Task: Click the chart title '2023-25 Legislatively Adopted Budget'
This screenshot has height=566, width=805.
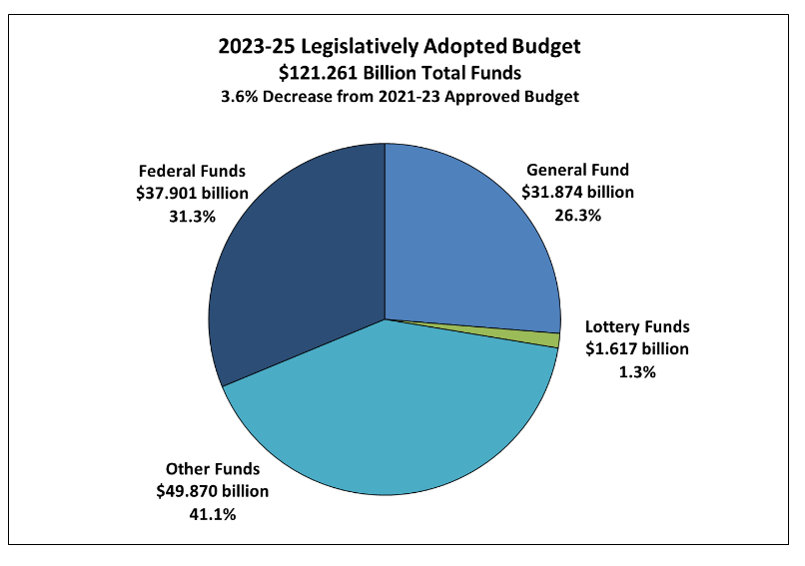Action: coord(400,47)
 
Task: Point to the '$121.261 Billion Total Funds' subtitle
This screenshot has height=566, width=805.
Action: coord(400,73)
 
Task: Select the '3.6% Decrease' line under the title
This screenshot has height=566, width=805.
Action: coord(400,97)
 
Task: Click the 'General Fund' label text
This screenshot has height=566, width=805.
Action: coord(577,170)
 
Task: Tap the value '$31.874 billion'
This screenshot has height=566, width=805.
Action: coord(577,192)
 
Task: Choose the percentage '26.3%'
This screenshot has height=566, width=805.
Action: coord(577,214)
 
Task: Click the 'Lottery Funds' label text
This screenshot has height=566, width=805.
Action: coord(637,327)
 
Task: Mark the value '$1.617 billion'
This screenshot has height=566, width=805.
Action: coord(637,349)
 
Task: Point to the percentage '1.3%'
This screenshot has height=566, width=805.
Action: coord(637,371)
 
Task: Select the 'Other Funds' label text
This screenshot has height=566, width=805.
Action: coord(212,469)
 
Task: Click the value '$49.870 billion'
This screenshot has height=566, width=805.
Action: coord(212,491)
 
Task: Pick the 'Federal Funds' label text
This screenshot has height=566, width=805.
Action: coord(192,171)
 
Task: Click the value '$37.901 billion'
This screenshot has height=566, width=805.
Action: coord(192,193)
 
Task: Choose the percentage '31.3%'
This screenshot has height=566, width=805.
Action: coord(192,215)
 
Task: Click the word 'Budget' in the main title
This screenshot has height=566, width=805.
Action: coord(544,47)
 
